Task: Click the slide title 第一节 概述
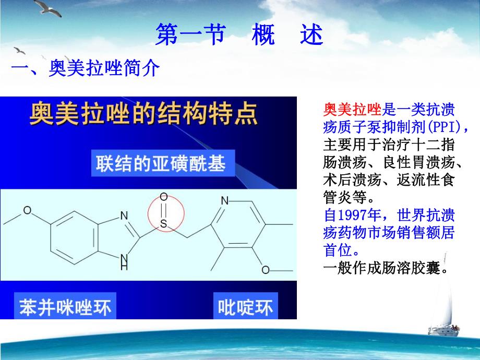click(x=239, y=36)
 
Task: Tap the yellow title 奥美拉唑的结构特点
click(x=144, y=114)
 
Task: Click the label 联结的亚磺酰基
click(x=160, y=164)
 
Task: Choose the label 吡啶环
click(x=245, y=307)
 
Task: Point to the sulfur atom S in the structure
click(x=163, y=225)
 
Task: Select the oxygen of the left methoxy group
click(x=27, y=211)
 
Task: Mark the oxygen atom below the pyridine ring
click(x=266, y=270)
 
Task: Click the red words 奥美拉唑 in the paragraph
click(x=353, y=110)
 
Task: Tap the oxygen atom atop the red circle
click(x=163, y=197)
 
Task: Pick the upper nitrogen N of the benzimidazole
click(x=124, y=215)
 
